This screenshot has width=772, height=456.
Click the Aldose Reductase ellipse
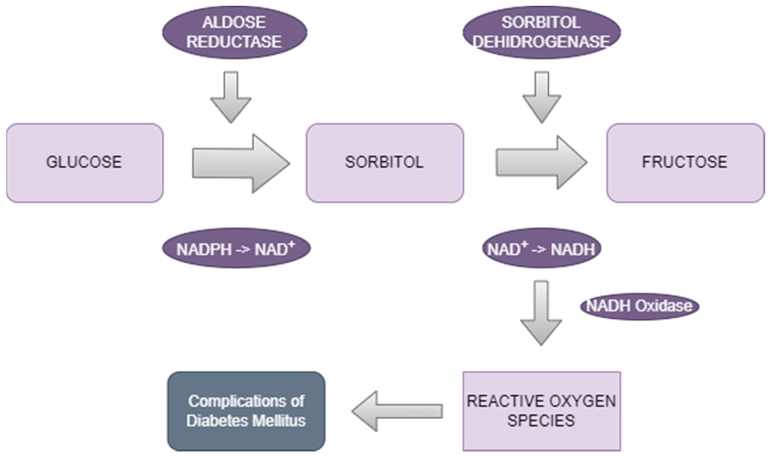coord(234,32)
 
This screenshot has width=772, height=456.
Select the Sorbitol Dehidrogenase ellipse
coord(541,32)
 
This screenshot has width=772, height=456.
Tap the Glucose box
coord(85,163)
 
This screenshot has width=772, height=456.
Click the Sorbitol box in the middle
coord(385,163)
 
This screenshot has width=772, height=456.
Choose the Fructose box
coord(685,163)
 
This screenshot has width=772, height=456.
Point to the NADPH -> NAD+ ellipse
coord(236,248)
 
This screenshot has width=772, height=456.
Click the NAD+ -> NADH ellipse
coord(541,248)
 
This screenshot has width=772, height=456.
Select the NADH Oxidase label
coord(639,306)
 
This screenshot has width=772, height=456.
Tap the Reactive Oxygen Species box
coord(541,411)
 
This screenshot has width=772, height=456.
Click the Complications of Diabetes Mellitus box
coord(246,411)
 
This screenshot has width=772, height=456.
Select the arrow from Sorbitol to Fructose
coord(541,163)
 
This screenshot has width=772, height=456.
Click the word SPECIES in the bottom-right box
coord(541,421)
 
